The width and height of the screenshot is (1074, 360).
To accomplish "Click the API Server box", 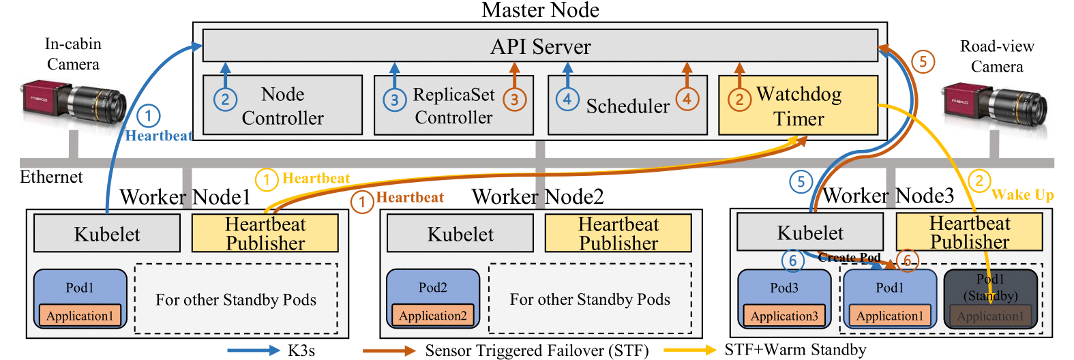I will [540, 46].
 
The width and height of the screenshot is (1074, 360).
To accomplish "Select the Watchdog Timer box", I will [798, 106].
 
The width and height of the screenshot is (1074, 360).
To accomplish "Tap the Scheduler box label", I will [627, 106].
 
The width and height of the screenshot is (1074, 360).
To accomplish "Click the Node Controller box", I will [282, 106].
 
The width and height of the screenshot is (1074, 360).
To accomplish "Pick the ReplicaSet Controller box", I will [453, 106].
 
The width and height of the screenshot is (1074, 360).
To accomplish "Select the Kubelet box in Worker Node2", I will [460, 234].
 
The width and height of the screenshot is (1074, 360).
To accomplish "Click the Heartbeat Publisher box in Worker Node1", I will [265, 234].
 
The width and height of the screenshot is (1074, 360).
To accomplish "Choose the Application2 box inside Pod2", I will [432, 316].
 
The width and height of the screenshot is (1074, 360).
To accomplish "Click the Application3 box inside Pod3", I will [784, 316].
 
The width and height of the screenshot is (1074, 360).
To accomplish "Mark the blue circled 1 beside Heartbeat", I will [149, 115].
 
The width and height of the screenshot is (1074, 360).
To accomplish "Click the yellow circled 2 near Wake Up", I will [979, 181].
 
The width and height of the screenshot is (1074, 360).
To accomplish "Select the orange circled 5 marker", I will [923, 61].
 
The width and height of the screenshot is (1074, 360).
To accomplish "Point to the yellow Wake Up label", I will [1022, 195].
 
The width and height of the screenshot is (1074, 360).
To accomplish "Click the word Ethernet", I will [51, 177].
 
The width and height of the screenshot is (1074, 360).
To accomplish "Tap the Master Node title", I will [540, 10].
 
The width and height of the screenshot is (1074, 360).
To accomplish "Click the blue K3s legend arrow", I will [253, 350].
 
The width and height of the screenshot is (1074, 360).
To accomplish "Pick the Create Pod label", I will [849, 257].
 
